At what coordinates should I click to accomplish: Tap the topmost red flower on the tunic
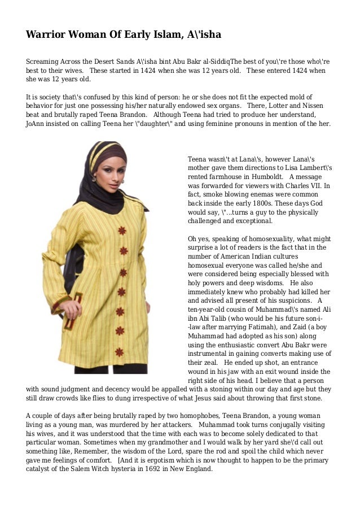pos(122,230)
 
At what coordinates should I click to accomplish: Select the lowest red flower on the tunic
pos(119,352)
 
